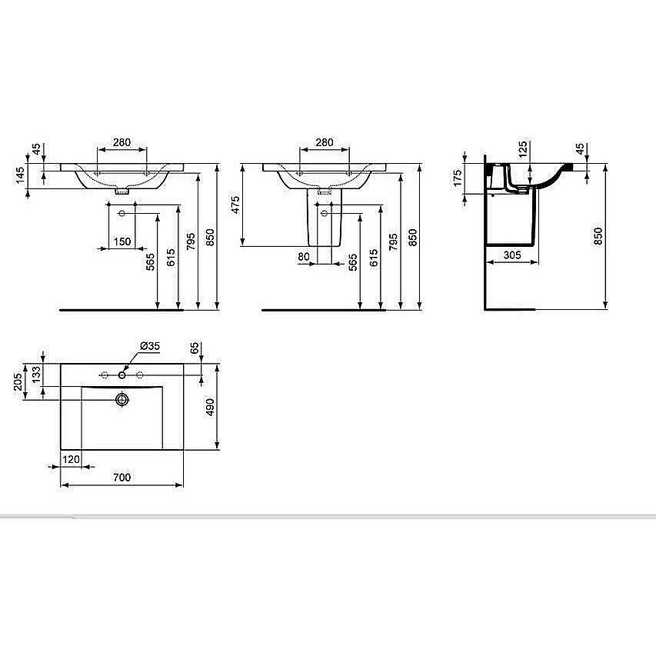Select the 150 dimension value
pos(122,241)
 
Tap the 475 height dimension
pos(236,205)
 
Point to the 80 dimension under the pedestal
pos(304,257)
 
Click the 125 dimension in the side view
pos(523,148)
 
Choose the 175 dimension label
pos(457,178)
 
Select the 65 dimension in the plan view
pos(194,348)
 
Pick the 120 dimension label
pos(72,458)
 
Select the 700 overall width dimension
pos(122,478)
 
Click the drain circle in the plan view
pos(122,398)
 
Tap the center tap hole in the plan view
pos(122,376)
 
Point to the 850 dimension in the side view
pos(598,236)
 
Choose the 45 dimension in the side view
pos(580,148)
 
